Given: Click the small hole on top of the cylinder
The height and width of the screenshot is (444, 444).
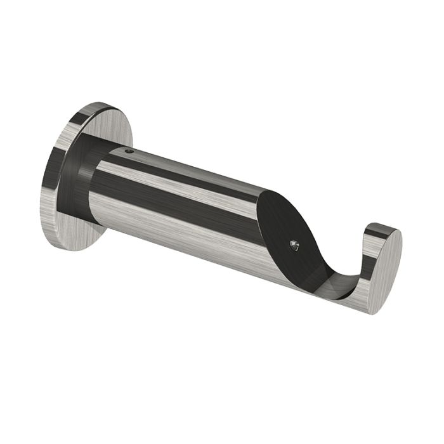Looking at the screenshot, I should click(x=129, y=152).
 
